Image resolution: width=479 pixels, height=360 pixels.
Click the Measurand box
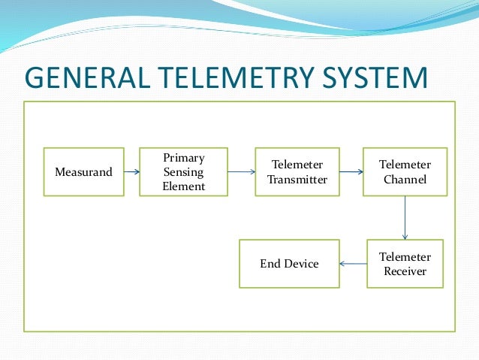[83, 172]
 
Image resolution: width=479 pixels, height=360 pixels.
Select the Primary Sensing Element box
[183, 172]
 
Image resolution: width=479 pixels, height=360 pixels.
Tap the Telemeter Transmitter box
[297, 172]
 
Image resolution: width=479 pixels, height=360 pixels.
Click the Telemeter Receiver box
[405, 264]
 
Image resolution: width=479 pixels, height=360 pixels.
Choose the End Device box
[289, 264]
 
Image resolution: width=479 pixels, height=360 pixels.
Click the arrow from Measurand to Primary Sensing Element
[132, 172]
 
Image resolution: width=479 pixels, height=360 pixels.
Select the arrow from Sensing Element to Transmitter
[241, 172]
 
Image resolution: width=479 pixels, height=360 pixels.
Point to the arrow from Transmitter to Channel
[351, 172]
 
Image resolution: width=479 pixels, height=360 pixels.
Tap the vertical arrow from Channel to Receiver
[405, 218]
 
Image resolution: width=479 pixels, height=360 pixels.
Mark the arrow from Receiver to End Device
[353, 264]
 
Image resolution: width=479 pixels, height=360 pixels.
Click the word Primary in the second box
[183, 158]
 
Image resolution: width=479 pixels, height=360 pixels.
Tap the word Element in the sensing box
[183, 186]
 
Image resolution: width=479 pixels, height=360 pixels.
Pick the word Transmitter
[297, 180]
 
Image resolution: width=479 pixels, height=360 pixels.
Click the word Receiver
[405, 271]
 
